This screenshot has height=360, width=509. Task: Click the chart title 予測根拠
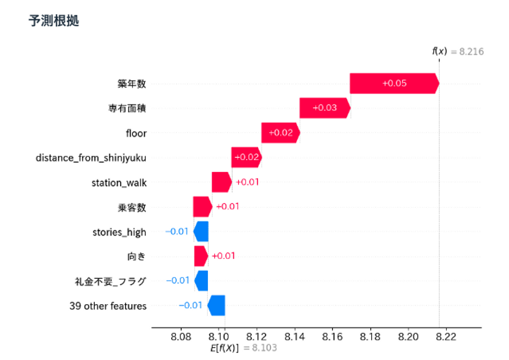pos(53,21)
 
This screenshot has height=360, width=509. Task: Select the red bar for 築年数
pos(393,83)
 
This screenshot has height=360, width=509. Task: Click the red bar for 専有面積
pos(324,108)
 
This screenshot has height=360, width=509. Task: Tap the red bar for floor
pos(280,132)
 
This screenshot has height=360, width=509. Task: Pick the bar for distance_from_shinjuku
pos(246,157)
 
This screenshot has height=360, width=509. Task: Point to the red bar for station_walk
pos(221,182)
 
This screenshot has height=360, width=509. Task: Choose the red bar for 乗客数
pos(202,207)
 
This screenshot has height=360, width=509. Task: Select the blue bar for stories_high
pos(201,231)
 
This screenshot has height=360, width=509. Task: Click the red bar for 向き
pos(201,255)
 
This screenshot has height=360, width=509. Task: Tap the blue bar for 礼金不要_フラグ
pos(201,280)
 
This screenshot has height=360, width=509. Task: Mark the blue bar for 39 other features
pos(216,306)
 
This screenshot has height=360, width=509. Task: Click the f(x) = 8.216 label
pos(457,51)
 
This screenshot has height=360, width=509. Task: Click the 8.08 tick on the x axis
pos(181,337)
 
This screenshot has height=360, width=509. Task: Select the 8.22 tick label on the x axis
pos(445,337)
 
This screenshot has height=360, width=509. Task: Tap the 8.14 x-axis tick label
pos(294,337)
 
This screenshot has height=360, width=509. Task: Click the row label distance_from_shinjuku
pos(91,157)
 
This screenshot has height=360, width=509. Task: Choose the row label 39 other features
pos(107,306)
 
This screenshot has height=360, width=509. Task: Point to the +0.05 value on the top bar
pos(394,83)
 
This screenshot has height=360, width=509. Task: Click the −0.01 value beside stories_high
pos(177,231)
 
